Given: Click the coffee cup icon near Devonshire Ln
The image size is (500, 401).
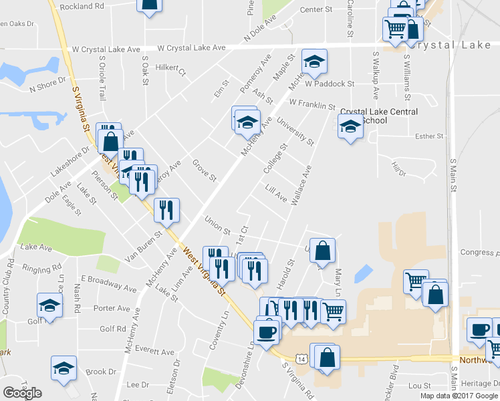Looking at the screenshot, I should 267,331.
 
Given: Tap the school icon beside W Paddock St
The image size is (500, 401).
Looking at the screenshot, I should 314,62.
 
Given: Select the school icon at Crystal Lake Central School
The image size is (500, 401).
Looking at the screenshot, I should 350,126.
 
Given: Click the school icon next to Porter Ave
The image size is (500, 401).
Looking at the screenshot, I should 49,305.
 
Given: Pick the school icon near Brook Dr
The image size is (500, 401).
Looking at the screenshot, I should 64,368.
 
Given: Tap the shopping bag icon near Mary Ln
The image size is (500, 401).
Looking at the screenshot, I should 322,251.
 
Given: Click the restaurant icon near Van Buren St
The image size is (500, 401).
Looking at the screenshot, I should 166,209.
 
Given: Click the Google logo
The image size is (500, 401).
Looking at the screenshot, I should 22,392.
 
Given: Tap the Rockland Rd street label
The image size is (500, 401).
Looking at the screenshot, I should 82,5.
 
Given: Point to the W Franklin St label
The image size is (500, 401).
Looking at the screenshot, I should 312,104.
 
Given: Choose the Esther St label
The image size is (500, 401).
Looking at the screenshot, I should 429,136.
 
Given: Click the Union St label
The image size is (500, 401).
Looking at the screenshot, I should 217,226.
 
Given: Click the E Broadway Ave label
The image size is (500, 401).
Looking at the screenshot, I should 108,283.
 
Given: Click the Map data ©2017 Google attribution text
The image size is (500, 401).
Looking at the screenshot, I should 459,395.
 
